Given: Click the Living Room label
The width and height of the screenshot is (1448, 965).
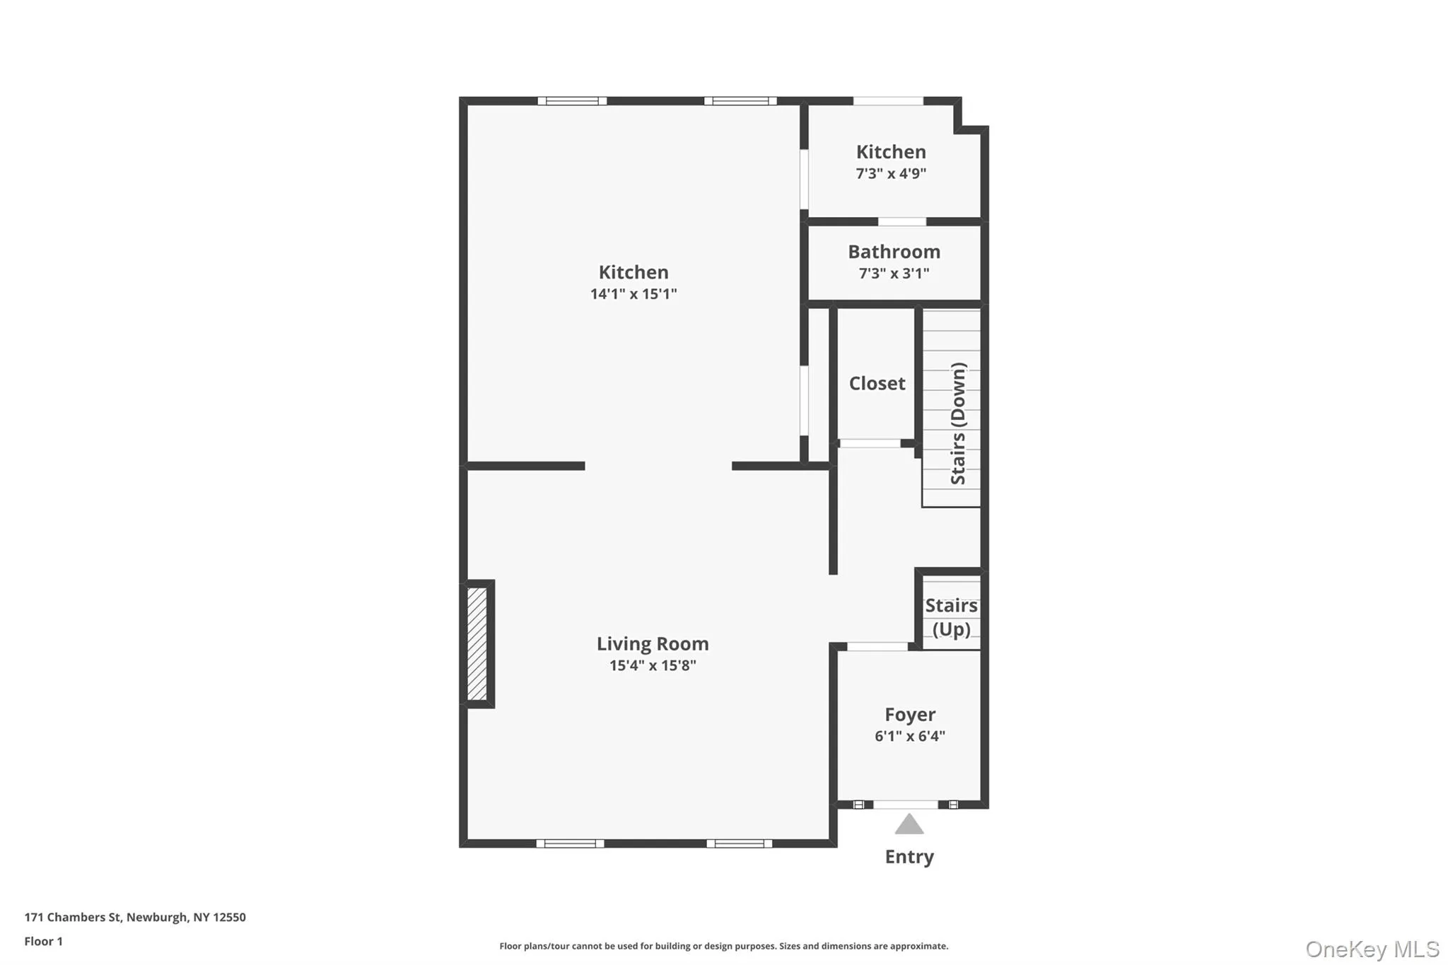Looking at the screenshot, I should point(652,643).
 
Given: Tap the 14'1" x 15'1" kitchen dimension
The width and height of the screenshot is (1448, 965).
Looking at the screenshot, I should point(633,294).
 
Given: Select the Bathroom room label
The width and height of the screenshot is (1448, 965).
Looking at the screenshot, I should point(894,252).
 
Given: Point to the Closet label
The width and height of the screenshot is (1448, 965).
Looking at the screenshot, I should point(877,383).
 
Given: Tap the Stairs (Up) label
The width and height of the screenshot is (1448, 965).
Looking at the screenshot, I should point(951,617).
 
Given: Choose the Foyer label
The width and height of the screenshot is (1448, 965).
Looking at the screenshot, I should point(910,714).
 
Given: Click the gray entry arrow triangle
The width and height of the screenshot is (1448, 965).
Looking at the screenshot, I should point(909,824).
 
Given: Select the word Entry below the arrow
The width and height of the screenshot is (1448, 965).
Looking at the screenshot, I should point(909,857).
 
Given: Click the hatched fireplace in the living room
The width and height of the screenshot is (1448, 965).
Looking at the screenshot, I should point(477,643).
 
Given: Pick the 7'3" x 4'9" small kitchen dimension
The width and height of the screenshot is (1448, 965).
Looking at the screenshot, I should point(891,174).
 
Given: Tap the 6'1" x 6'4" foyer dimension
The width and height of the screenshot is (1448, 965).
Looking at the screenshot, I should point(910,736).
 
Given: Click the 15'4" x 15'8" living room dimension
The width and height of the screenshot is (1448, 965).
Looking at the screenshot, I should point(653,665).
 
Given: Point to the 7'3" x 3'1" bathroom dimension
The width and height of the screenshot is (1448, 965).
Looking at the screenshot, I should point(894,274).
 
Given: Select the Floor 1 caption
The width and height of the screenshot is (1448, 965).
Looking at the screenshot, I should point(43,941).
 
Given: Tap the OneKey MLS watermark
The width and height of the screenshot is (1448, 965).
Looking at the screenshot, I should point(1372,949).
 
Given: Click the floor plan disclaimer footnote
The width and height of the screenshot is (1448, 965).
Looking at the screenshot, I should point(723,946).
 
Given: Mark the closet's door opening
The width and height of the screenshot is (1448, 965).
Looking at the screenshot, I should point(870,443).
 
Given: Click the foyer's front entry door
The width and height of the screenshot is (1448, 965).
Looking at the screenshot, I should point(906,805).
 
